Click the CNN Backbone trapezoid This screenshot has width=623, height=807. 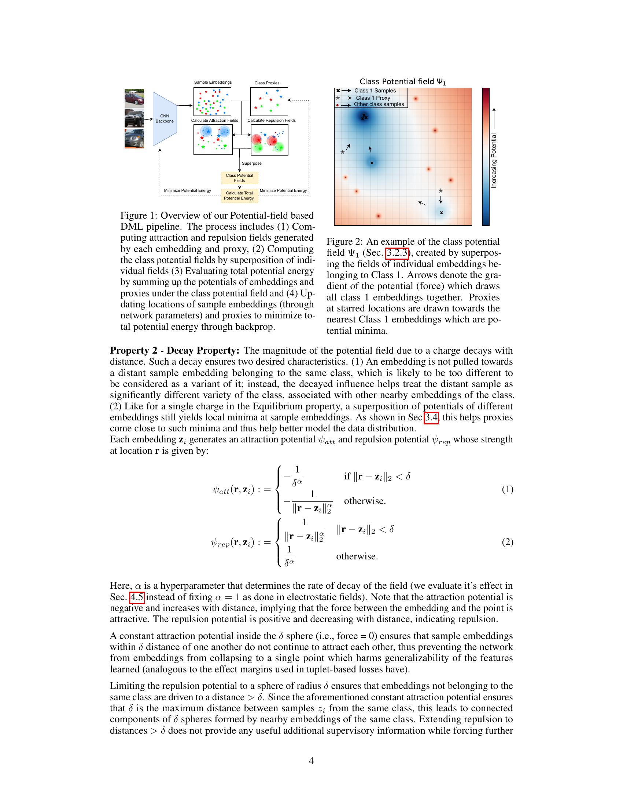[x=165, y=118]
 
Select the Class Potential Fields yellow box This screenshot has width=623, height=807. [x=240, y=178]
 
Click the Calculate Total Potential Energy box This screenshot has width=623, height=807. [x=239, y=196]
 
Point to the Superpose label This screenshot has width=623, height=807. [x=252, y=163]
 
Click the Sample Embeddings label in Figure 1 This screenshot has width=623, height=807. [x=213, y=83]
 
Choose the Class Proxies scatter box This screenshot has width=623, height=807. [x=269, y=102]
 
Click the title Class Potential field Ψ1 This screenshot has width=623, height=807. [x=403, y=82]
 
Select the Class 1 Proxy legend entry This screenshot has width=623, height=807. [x=373, y=98]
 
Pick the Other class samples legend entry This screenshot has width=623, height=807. [x=379, y=104]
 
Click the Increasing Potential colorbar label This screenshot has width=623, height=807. [x=494, y=161]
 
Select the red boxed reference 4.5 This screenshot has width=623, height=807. [x=137, y=597]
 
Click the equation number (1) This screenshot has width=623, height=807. [x=508, y=489]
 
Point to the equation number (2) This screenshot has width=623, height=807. [x=508, y=542]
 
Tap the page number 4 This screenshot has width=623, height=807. [x=311, y=761]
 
